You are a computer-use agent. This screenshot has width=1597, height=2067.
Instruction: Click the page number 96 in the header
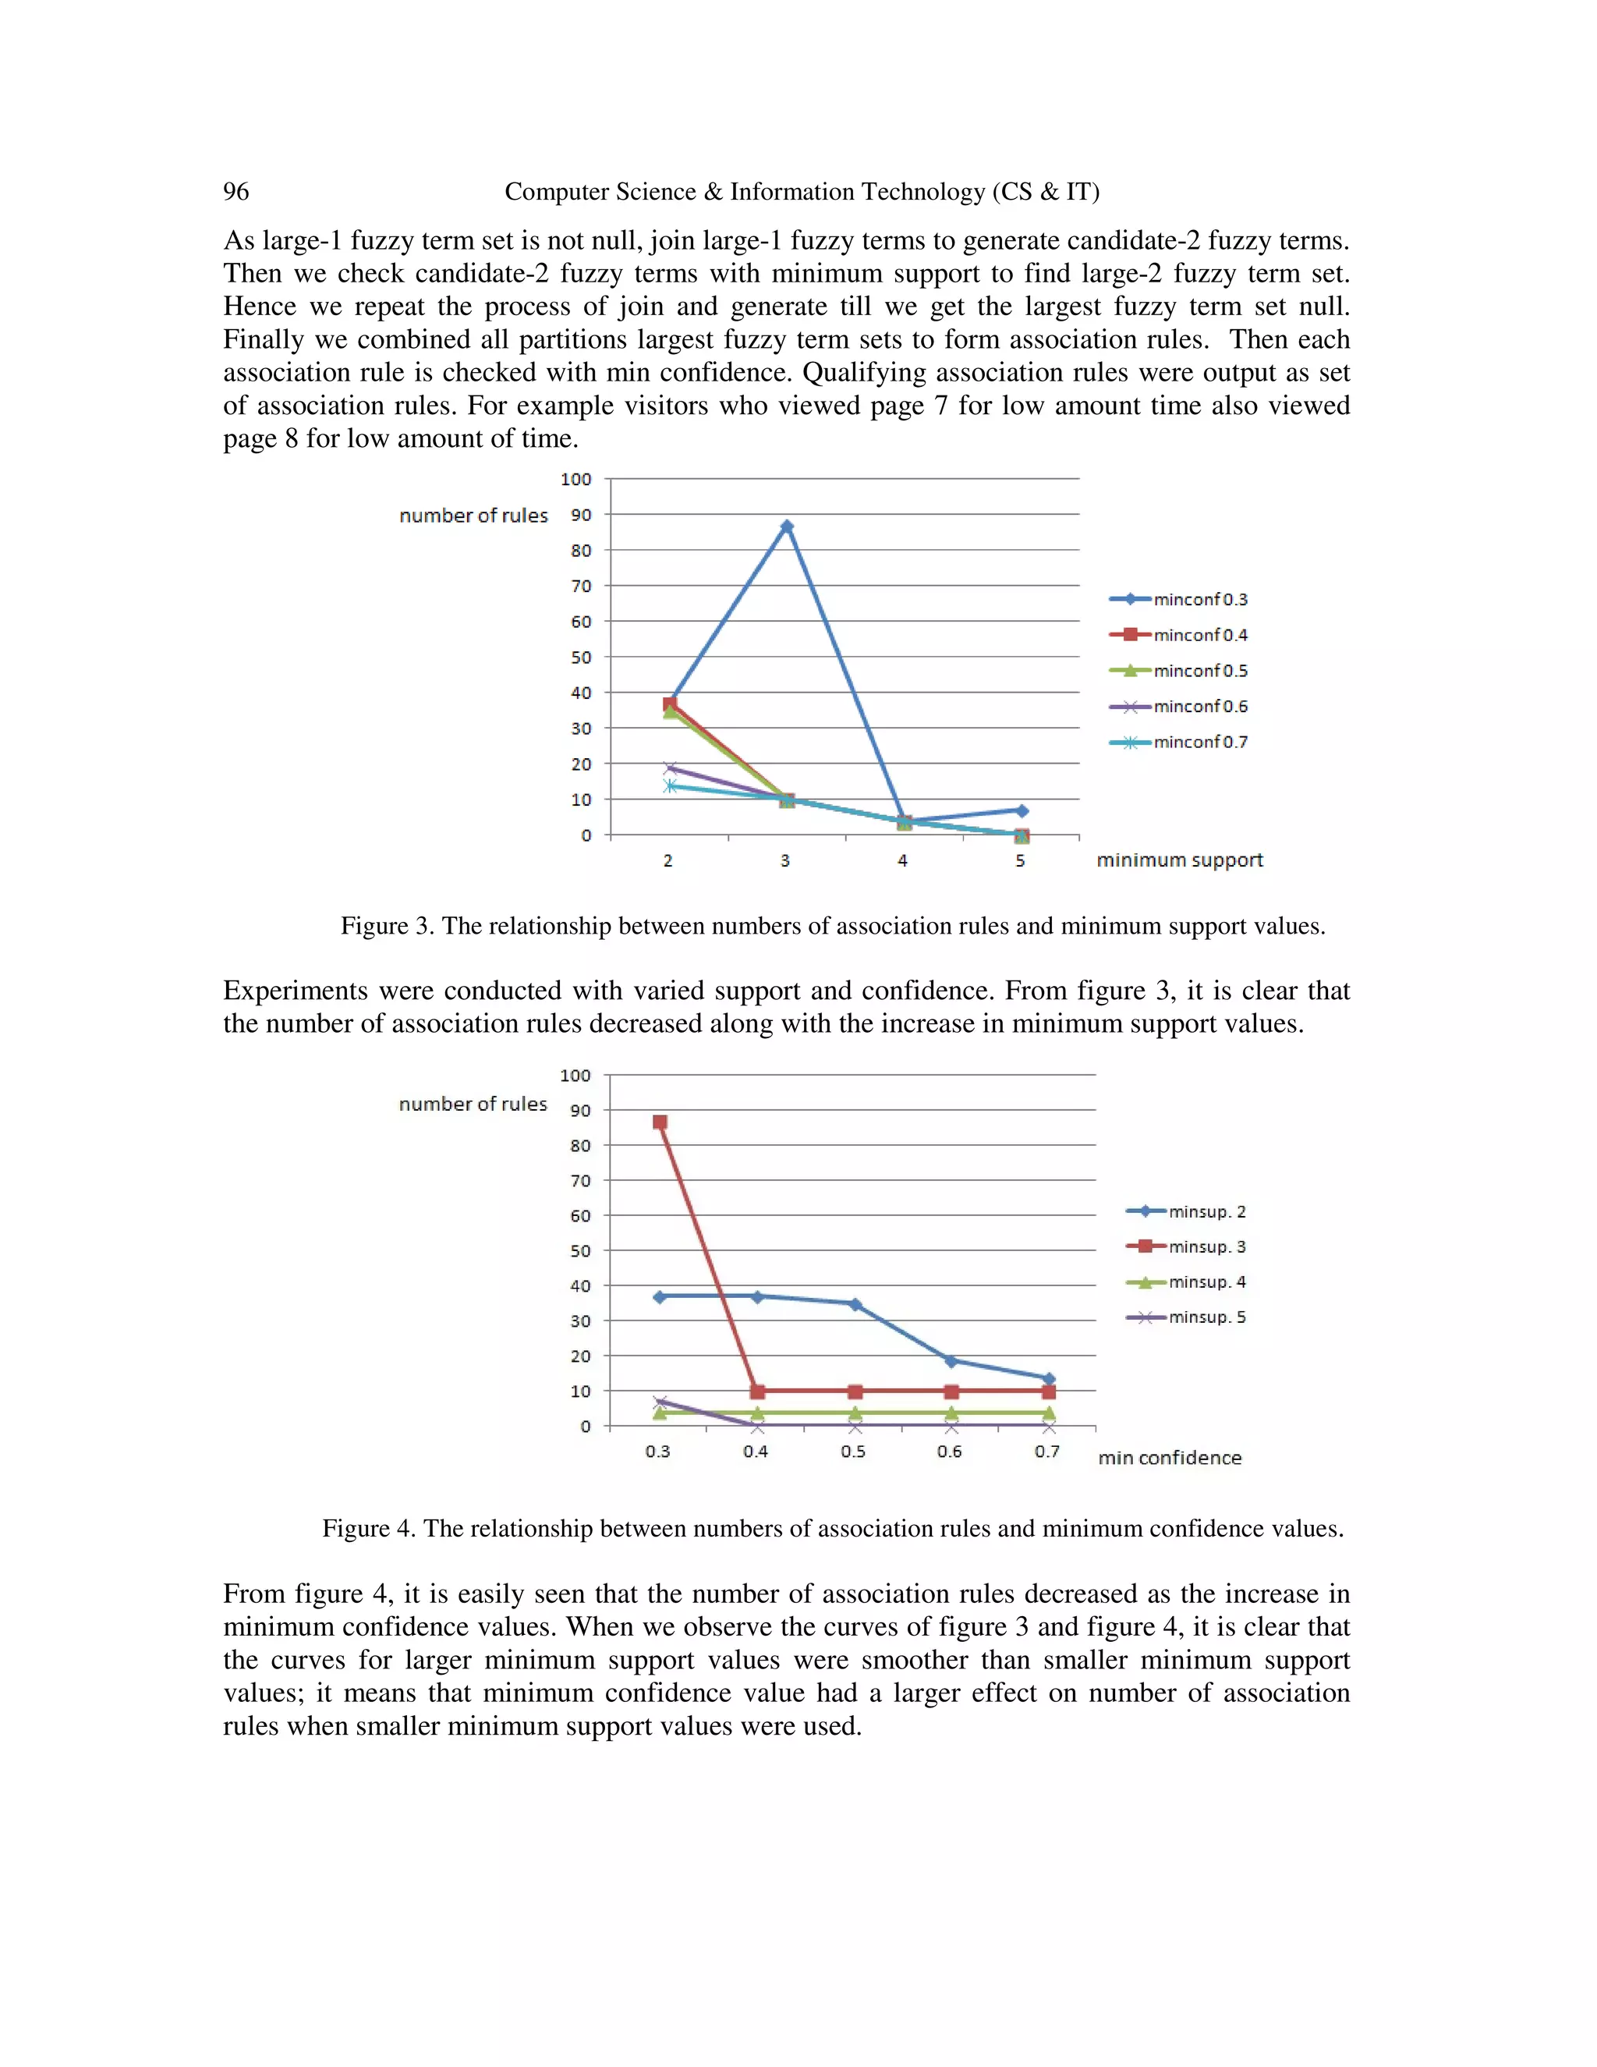coord(235,191)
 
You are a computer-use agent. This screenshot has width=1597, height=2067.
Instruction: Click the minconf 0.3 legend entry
coord(1179,599)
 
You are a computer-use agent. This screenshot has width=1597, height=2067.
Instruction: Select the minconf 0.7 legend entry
coord(1179,742)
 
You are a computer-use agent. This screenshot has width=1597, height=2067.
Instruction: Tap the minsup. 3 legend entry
coord(1186,1246)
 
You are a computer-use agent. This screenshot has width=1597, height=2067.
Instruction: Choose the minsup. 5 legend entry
coord(1186,1317)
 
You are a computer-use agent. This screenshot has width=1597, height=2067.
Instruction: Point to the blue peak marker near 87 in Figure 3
coord(786,526)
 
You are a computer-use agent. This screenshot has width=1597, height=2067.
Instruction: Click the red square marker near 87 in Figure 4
coord(660,1122)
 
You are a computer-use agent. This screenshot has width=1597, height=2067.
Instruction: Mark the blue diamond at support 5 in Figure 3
coord(1022,810)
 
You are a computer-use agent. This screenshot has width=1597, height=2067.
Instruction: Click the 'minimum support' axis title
coord(1179,860)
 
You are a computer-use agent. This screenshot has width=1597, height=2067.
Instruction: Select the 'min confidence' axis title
coord(1170,1458)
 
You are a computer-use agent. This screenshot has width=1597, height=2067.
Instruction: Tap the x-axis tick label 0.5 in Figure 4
coord(853,1452)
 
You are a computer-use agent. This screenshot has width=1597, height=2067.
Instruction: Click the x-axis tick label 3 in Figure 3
coord(785,860)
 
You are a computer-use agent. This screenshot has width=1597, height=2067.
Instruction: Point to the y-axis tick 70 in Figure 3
coord(581,586)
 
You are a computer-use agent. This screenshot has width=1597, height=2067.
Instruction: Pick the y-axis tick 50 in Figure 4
coord(580,1251)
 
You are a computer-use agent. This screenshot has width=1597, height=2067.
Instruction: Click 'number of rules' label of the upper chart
coord(473,516)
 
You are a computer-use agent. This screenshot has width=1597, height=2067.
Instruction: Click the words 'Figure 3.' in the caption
coord(387,926)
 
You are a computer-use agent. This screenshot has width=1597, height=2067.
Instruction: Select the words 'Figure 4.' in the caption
coord(369,1529)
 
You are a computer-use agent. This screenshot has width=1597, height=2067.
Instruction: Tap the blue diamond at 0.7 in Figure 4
coord(1048,1379)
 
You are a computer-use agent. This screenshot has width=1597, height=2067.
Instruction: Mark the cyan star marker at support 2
coord(670,785)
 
